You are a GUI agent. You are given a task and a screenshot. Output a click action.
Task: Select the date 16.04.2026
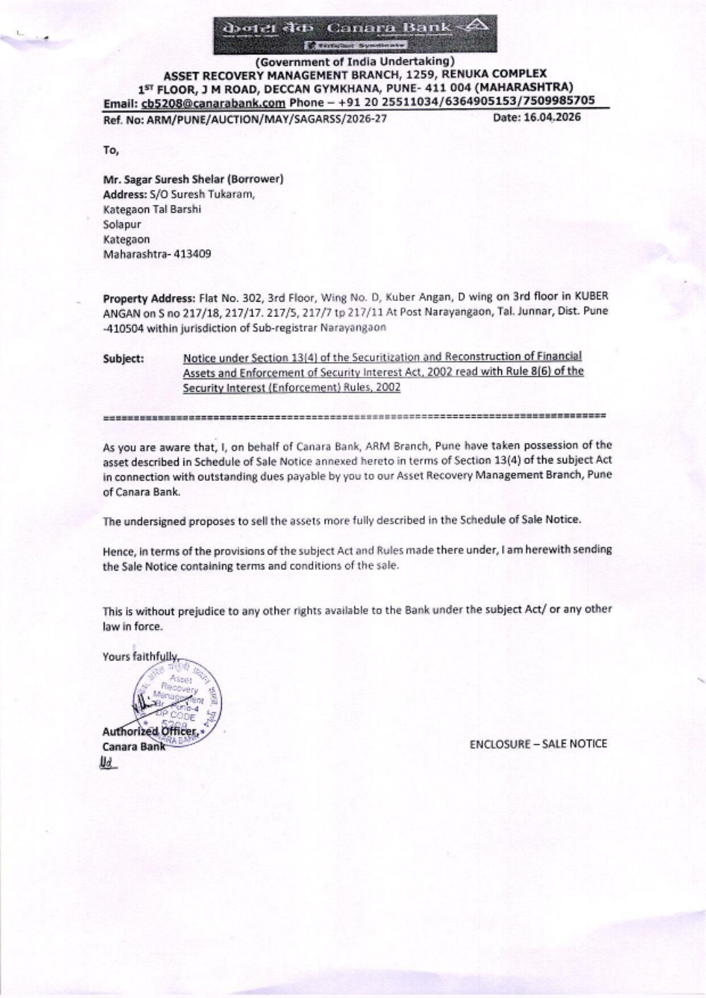tap(558, 117)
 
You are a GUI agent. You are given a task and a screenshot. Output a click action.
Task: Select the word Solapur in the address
tap(122, 224)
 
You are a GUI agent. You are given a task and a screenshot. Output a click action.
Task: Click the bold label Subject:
tap(124, 358)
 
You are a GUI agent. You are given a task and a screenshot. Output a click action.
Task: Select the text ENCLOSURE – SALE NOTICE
tap(538, 743)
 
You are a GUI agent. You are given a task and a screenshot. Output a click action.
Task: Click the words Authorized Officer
tap(148, 732)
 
